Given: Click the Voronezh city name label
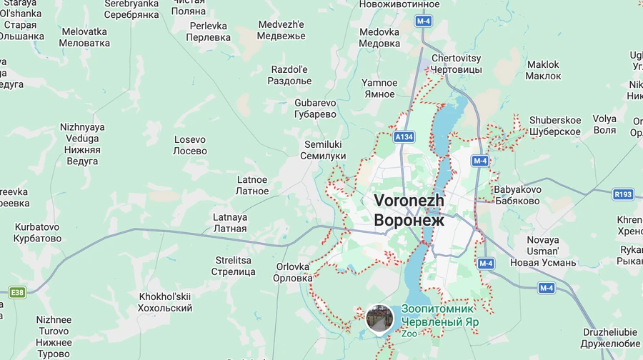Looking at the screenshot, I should [409, 211].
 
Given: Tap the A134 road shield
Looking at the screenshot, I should [404, 136].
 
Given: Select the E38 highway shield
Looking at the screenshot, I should [18, 292].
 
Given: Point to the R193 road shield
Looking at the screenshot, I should [623, 194].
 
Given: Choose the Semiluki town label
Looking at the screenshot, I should [323, 150].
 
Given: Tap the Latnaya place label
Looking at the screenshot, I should [230, 223].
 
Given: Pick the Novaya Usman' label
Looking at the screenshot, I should [543, 251].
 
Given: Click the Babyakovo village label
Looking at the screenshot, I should [517, 195].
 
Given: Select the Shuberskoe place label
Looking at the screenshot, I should [555, 126].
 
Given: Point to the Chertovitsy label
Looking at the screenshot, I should [457, 64].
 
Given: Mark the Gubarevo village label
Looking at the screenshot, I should [315, 109].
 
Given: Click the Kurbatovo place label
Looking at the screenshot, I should [37, 233].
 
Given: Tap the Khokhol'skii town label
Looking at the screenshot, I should [165, 302].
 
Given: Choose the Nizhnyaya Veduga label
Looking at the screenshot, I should [82, 144].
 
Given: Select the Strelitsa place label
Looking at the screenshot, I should [234, 266].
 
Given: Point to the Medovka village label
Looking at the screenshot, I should [379, 38].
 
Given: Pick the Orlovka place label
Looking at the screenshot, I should [293, 272].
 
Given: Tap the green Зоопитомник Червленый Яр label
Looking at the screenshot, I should [439, 316].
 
